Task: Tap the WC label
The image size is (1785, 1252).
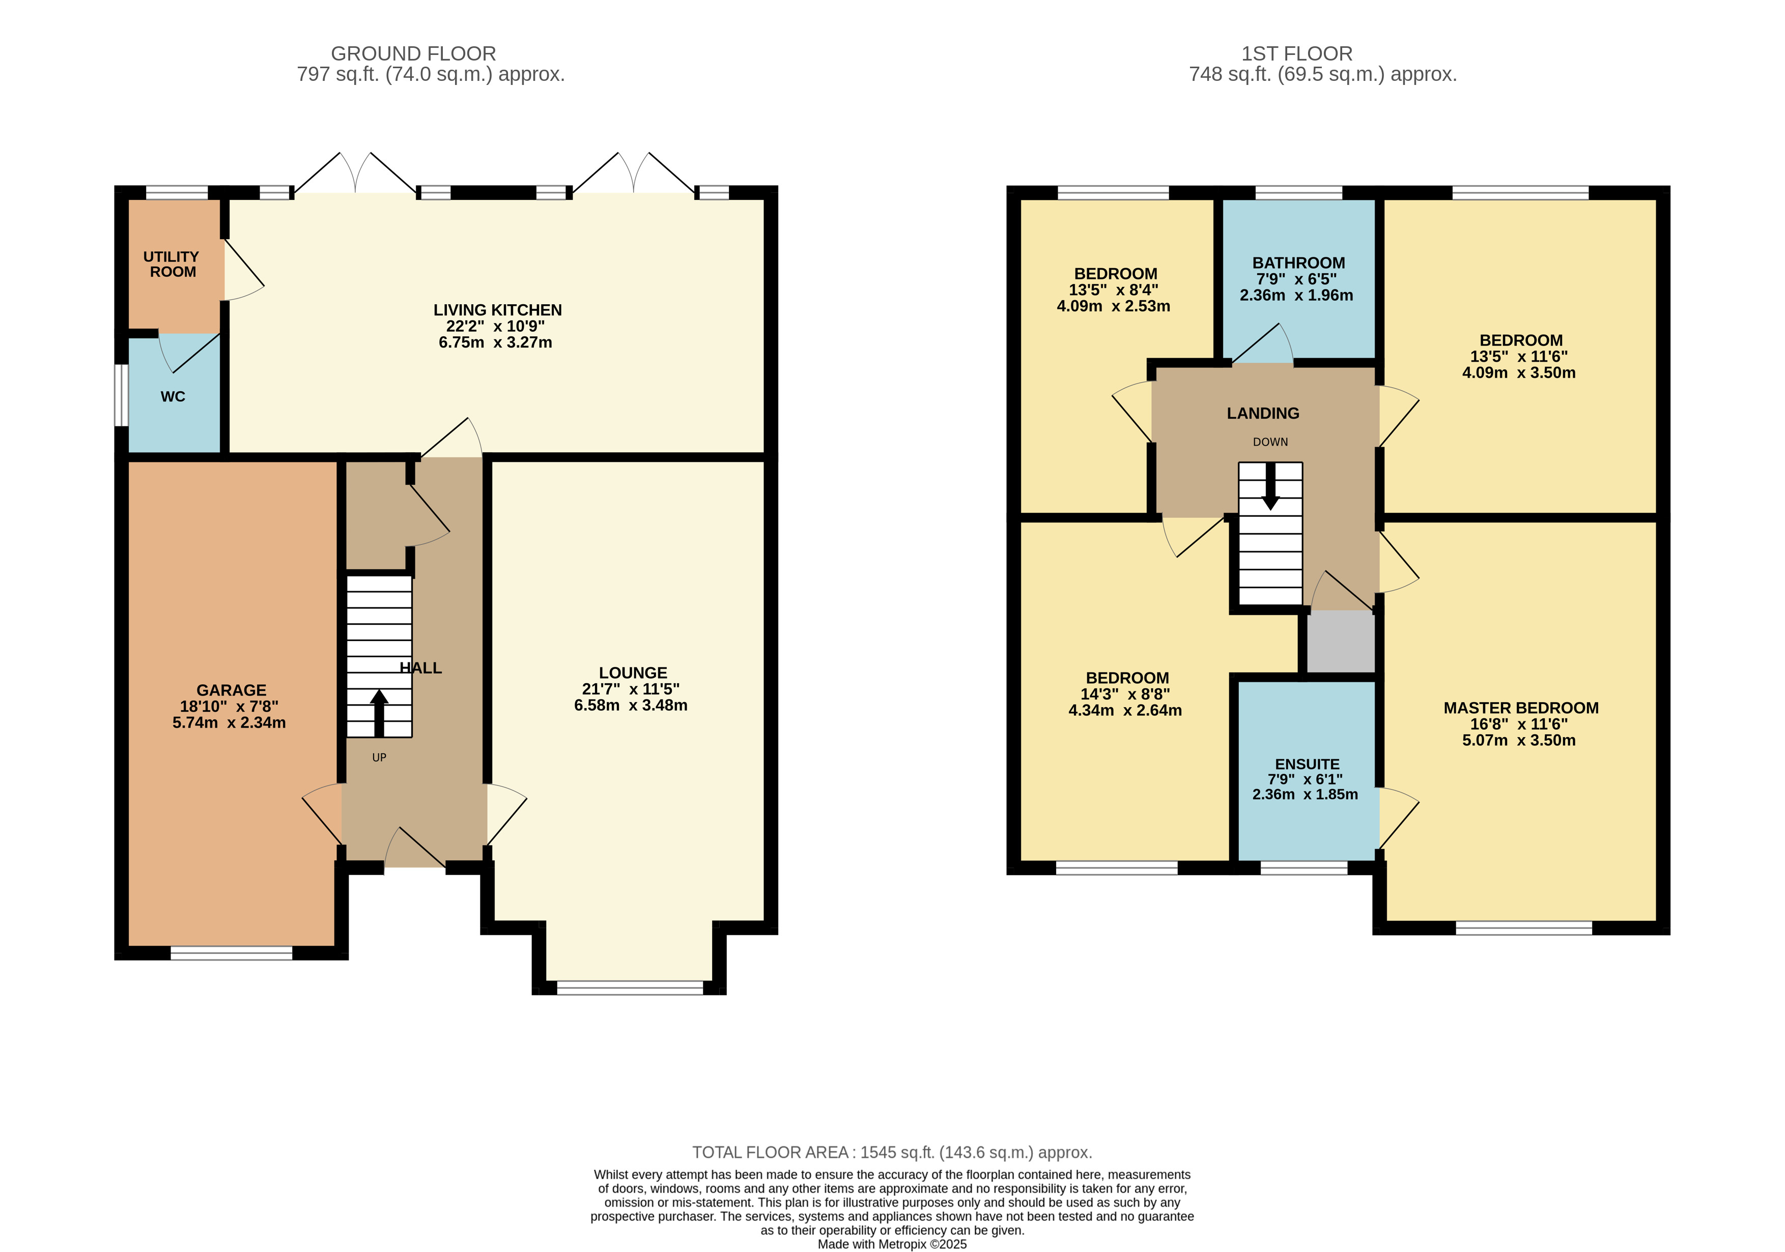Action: coord(173,396)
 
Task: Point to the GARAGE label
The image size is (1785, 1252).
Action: coord(231,690)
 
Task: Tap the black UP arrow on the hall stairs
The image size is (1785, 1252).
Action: coord(379,713)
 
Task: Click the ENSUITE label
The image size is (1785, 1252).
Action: coord(1307,764)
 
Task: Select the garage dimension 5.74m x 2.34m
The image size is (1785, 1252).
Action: coord(230,723)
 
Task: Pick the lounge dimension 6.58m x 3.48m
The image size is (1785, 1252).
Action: coord(631,706)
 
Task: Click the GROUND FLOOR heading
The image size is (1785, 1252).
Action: coord(414,53)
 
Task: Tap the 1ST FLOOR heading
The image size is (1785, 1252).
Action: coord(1297,53)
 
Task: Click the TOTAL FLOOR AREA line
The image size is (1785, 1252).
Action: coord(893,1152)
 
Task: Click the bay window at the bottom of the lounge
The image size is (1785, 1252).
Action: coord(630,988)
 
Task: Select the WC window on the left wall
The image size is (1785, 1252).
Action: coord(121,396)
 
